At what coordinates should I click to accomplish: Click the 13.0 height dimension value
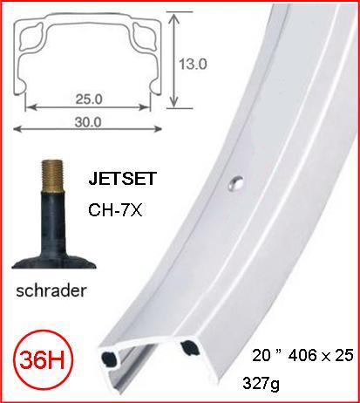click(194, 65)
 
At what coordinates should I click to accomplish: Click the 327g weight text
click(266, 382)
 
